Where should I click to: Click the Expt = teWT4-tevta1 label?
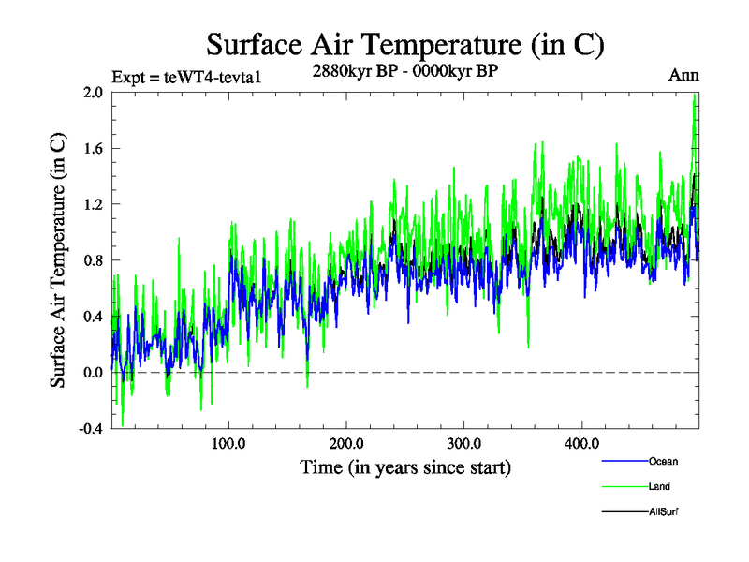pos(184,77)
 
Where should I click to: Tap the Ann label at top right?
pos(683,75)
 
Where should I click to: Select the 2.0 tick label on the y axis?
pos(92,92)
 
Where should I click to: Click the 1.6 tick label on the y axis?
pos(92,148)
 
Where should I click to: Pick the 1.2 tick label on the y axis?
pos(92,204)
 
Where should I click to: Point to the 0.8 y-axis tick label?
pos(92,260)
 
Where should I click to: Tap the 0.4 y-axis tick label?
pos(92,317)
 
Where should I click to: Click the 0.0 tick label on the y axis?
pos(92,373)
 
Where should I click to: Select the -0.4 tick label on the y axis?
pos(90,429)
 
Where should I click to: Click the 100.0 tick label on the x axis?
pos(229,443)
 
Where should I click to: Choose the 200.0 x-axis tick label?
pos(346,443)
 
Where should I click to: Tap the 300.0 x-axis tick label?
pos(464,443)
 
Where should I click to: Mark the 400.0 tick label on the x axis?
pos(581,443)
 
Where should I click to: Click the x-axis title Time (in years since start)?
pos(404,466)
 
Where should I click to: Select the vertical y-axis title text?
pos(59,260)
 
